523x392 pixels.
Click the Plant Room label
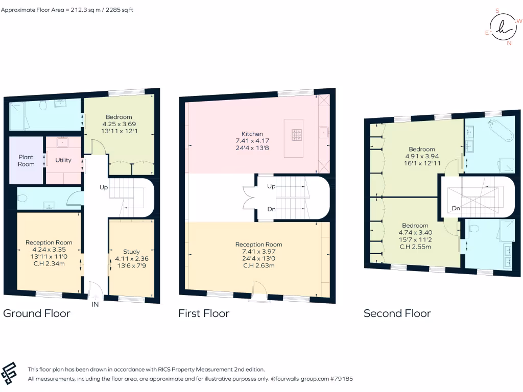point(26,161)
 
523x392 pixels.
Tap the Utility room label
point(63,160)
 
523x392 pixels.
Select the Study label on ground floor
point(131,252)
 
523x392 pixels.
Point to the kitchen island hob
point(298,134)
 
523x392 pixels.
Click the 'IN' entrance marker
point(94,305)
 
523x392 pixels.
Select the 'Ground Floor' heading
point(37,313)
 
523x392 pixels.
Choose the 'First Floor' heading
point(204,313)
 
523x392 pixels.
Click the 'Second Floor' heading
point(397,313)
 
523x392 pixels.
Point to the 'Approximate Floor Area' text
point(67,10)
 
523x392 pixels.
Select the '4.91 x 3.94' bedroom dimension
point(421,157)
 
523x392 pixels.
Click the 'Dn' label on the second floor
point(456,208)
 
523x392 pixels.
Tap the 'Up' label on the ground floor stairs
point(104,187)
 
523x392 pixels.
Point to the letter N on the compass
point(509,43)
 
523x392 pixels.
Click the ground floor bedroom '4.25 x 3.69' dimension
point(118,124)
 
